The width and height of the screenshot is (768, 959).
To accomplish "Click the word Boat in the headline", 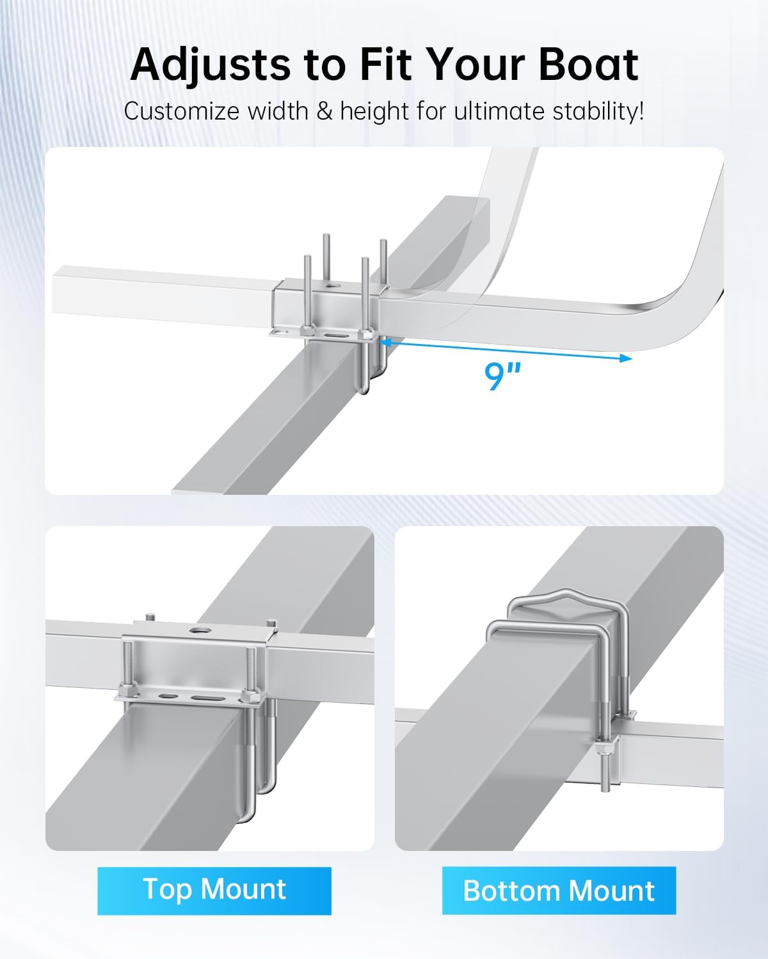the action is point(589,65).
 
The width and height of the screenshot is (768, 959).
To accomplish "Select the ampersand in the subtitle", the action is point(324,111).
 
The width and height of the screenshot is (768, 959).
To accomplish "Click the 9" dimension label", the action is point(503,376).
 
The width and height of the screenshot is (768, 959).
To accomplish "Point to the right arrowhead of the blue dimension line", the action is point(626,358).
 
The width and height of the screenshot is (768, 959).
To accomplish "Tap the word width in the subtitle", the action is point(278,111).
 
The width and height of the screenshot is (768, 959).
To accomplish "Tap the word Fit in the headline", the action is point(386,65).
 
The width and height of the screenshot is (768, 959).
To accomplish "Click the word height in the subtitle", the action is point(374,111).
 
